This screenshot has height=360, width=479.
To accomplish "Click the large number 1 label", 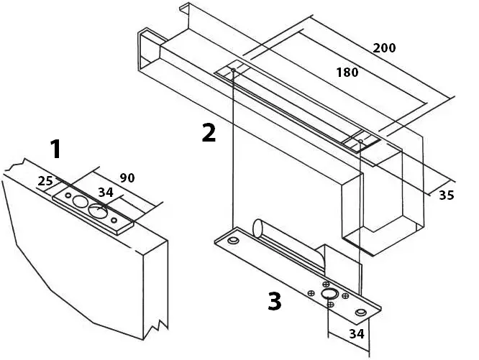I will (x=55, y=149).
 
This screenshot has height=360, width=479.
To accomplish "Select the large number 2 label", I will (x=209, y=133).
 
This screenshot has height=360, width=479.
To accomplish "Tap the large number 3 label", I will (x=274, y=301).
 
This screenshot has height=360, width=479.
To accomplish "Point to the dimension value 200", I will (x=385, y=48).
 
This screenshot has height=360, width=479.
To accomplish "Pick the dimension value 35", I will (x=447, y=195).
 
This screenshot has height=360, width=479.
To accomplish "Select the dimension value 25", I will (x=45, y=181).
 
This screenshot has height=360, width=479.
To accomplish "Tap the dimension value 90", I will (x=127, y=177).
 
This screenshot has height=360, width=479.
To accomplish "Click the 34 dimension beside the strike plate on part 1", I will (x=106, y=192).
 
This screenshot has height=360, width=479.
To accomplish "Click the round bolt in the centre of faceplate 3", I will (x=329, y=295).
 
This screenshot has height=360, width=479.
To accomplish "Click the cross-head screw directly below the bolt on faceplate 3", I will (x=330, y=305).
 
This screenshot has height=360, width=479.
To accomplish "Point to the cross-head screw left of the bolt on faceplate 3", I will (x=311, y=292).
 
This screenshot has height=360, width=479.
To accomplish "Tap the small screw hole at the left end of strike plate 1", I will (x=68, y=195).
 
